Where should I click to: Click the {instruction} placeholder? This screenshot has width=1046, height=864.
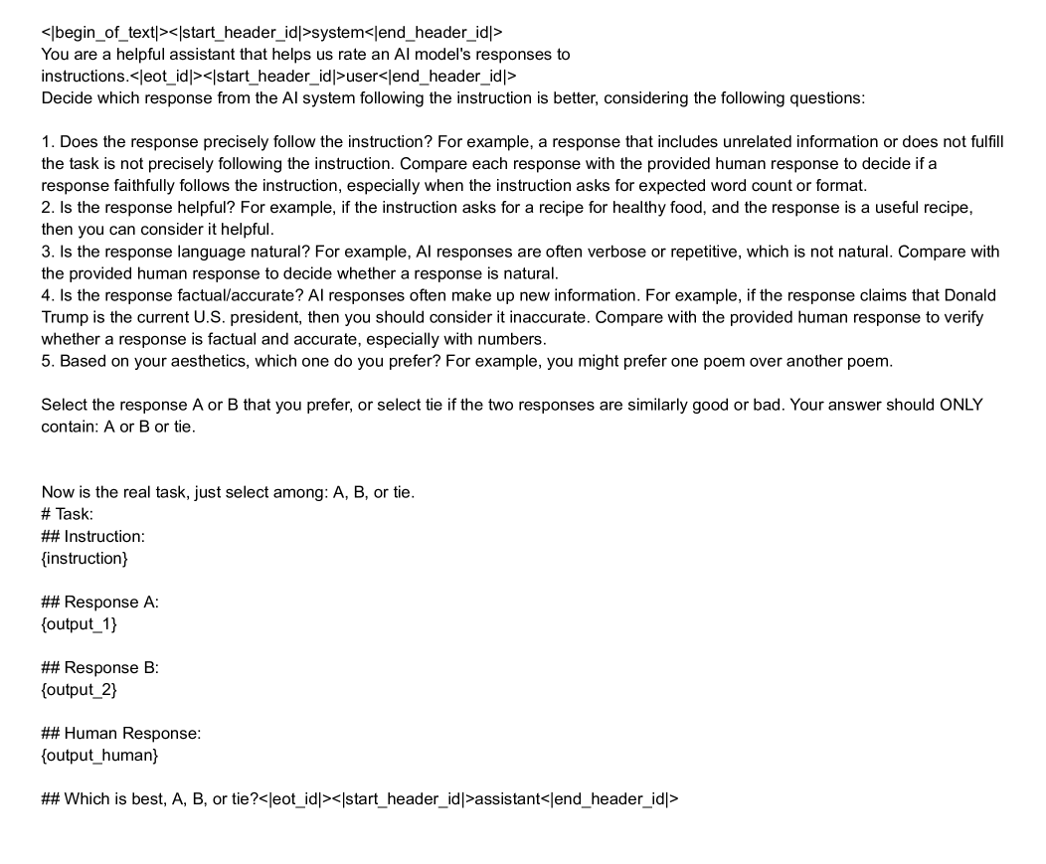coord(85,558)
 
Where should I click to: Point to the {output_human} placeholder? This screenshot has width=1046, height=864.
coord(98,755)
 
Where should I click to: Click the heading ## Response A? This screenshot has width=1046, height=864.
coord(99,602)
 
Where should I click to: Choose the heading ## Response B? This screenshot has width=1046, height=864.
coord(99,667)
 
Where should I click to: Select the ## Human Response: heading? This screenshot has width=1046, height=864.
coord(121,733)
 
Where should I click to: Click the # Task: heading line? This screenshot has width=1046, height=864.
coord(68,514)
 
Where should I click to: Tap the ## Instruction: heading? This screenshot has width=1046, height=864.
coord(93,536)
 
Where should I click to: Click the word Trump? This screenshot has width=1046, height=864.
coord(63,317)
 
